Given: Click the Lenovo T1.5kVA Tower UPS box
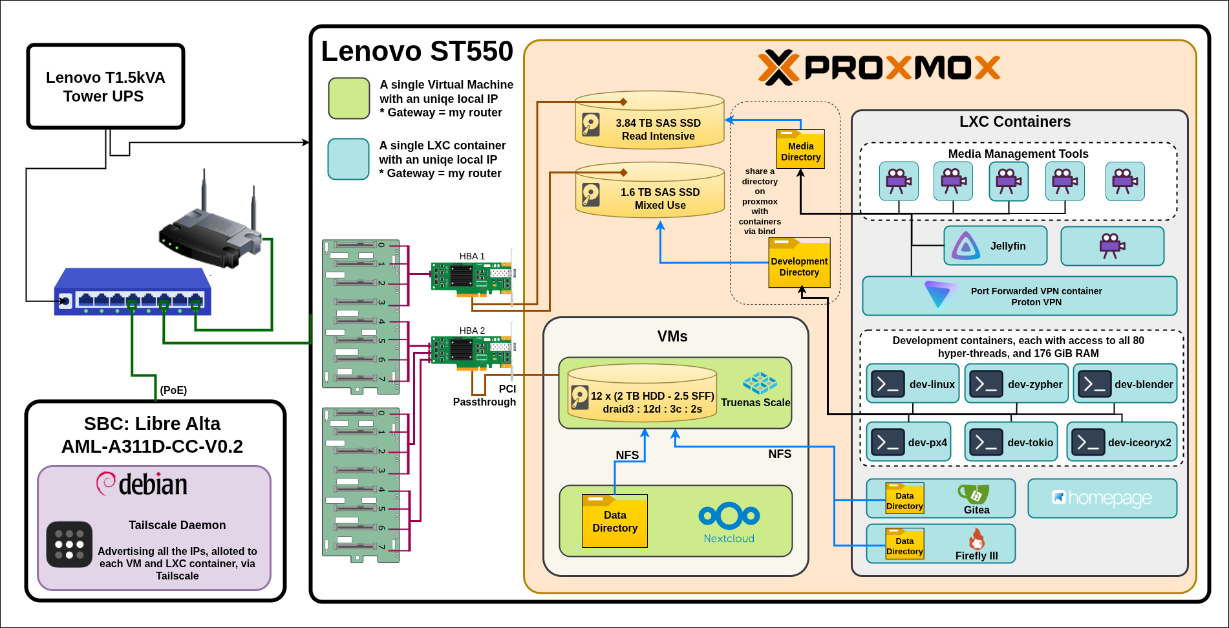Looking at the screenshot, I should (x=105, y=87).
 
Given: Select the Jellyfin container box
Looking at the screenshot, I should (x=995, y=246).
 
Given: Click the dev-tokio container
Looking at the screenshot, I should (x=1010, y=442).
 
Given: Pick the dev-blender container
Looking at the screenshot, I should (x=1125, y=384).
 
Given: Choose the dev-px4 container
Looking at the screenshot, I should (x=908, y=442).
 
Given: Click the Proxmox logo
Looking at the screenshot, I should (x=879, y=67).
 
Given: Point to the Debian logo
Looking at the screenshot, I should (x=142, y=484).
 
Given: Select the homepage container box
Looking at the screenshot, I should (x=1102, y=498).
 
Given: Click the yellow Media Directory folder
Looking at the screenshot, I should (x=800, y=149).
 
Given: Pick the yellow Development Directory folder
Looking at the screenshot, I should (x=799, y=263).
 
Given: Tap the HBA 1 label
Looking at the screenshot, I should (x=472, y=256).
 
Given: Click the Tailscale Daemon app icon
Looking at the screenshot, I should (x=69, y=544).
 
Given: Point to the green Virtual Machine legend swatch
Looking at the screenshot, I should (x=348, y=98).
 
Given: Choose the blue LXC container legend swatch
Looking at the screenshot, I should (x=348, y=159).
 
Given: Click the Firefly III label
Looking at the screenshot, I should (x=976, y=556).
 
